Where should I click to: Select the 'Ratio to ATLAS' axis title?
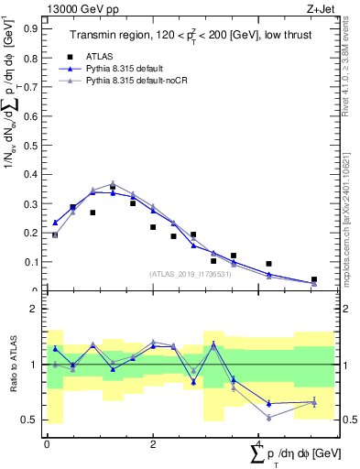(15, 365)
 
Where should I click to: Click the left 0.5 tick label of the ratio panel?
(29, 420)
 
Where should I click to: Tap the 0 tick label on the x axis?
(47, 443)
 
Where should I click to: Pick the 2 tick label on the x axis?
(152, 443)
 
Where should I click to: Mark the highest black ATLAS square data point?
(113, 187)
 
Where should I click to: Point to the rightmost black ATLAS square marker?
(313, 279)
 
